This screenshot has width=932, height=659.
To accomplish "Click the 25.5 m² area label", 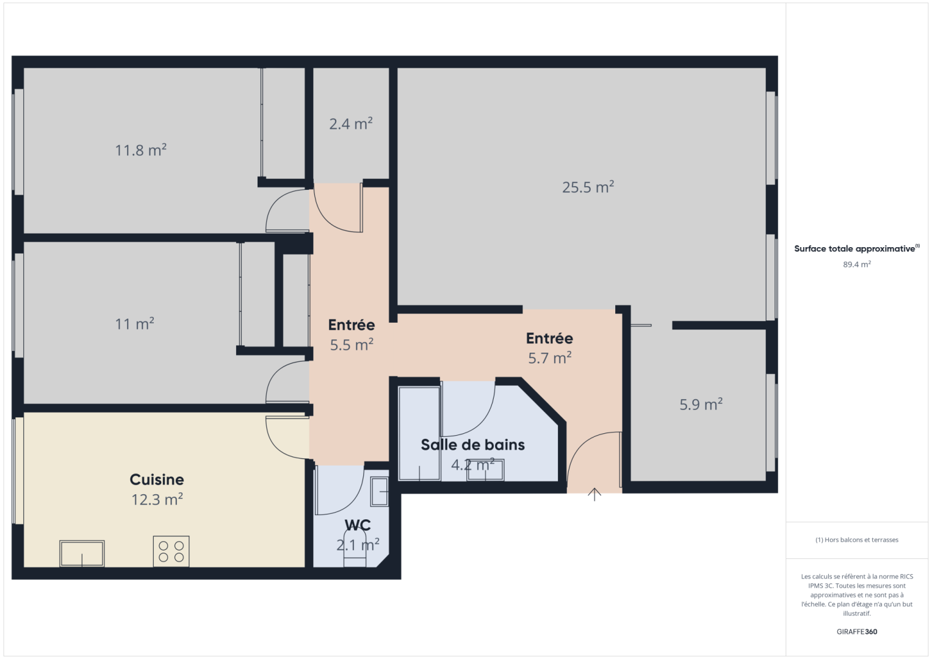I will pos(588,187).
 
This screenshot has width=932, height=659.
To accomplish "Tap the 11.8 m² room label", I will pos(141,150).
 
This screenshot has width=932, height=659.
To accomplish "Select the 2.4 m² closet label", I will pos(351,124).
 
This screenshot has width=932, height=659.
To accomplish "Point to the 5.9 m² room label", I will pos(701,405).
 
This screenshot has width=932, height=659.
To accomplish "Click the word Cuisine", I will pos(157,480).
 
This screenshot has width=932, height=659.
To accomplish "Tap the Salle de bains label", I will pos(473,445).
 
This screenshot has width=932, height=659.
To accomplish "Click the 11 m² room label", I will pos(135,324).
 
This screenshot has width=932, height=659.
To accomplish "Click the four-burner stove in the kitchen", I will pos(171,551).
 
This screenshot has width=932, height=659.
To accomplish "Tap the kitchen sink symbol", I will pos(82,553).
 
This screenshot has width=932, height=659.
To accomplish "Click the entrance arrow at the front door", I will pos(594,494).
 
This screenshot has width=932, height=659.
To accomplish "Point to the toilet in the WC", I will pos(355,549).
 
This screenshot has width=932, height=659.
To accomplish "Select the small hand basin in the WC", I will pos(380,492).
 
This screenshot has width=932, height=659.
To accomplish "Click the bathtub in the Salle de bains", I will pos(419,433).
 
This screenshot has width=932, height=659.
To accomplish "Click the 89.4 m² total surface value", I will pos(857,265).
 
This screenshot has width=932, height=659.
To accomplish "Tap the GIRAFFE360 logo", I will pos(857,632).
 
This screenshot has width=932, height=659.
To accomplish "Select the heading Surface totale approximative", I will pos(855,249).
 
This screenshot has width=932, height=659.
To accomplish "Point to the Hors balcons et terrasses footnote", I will pos(857,540).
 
